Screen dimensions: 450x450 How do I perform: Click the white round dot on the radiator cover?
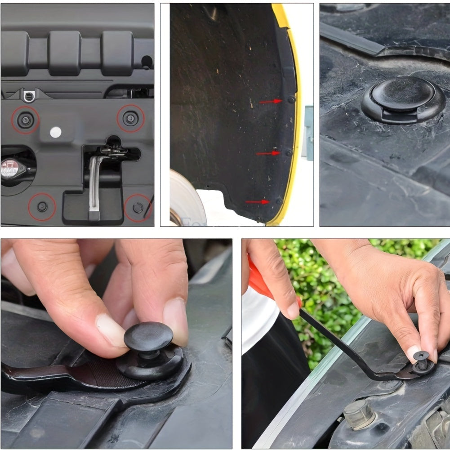tap(55, 132)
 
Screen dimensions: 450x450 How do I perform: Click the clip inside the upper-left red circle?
tap(25, 120)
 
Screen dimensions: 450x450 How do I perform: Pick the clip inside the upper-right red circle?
tap(131, 118)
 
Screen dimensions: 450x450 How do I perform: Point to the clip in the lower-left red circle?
tap(42, 207)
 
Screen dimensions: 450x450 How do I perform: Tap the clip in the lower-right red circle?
tap(138, 208)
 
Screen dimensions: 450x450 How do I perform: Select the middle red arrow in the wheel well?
tap(268, 153)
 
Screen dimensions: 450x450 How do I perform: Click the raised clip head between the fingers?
tap(148, 337)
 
